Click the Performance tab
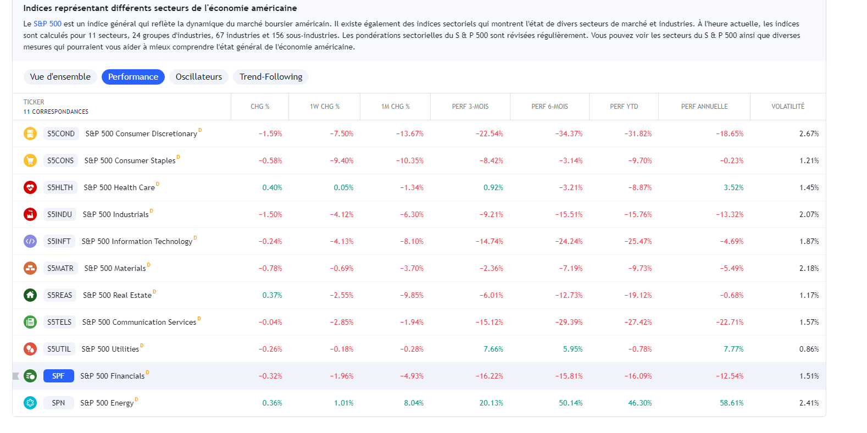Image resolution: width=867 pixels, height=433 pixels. pos(133,77)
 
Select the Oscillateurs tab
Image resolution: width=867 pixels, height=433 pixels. pos(198,77)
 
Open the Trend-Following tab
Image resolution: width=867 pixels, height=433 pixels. pos(271,77)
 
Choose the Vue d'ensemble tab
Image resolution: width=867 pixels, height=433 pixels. pos(60,77)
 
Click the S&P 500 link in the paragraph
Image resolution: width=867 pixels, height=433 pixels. pos(47,24)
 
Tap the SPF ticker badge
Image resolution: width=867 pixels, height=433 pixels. pos(58,376)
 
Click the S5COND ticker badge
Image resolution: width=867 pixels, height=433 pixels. pos(61,134)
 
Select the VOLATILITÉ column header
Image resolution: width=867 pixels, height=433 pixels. pos(787,107)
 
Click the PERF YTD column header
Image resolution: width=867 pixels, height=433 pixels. pos(624,107)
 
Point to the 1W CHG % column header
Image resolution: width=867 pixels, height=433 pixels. pos(324,107)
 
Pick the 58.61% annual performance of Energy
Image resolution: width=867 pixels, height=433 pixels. pos(731,403)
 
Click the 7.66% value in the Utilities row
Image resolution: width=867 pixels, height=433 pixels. pos(493,349)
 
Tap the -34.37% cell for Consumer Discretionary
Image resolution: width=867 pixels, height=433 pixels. pos(569,134)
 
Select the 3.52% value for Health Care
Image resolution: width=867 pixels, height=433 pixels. pos(733,187)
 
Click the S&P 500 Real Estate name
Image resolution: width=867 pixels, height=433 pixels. pos(117,295)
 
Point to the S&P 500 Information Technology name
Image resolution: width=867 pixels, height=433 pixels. pos(137,241)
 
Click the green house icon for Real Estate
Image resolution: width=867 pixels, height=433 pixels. pos(30,295)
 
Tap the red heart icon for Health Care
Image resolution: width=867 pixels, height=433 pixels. pos(30,187)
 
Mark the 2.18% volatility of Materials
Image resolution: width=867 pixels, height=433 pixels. pos(809,268)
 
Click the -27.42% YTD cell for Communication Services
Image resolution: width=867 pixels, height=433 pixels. pos(638,322)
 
